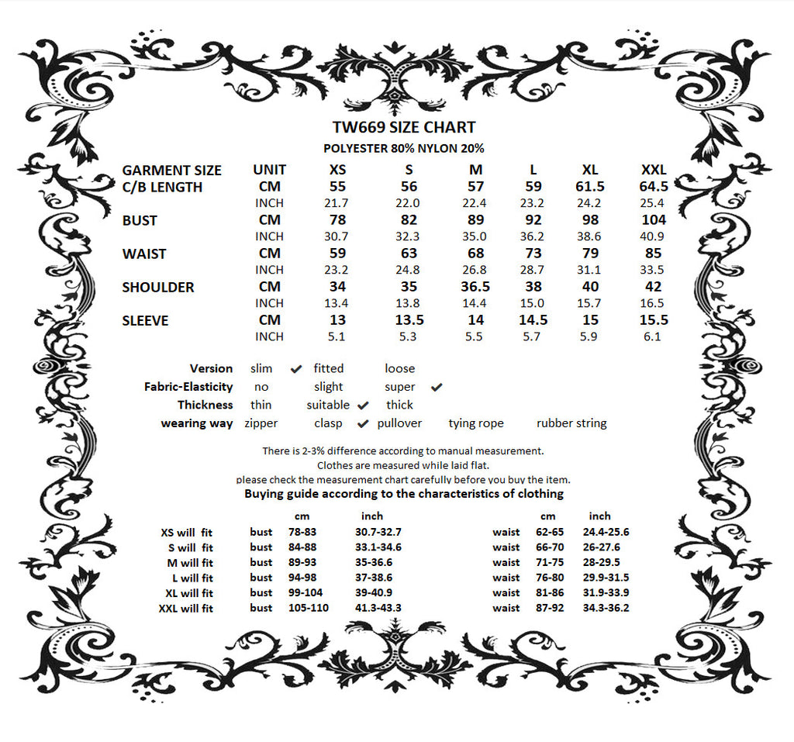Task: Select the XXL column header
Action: [653, 170]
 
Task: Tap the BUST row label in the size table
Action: [140, 221]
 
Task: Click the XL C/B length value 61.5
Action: [589, 187]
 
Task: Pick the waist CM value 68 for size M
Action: [476, 254]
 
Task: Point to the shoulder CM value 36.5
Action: [476, 287]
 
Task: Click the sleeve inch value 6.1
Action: [653, 336]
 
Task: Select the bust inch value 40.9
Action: [653, 236]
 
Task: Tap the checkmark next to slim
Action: [296, 369]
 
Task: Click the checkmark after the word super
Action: [436, 387]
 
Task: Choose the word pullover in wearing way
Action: [399, 423]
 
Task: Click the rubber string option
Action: [571, 423]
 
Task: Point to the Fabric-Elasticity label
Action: [188, 387]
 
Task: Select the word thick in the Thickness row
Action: [399, 405]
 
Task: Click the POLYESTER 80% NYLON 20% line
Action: [403, 148]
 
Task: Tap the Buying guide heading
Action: [404, 493]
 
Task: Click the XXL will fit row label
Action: [185, 609]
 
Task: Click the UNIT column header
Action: [269, 170]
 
